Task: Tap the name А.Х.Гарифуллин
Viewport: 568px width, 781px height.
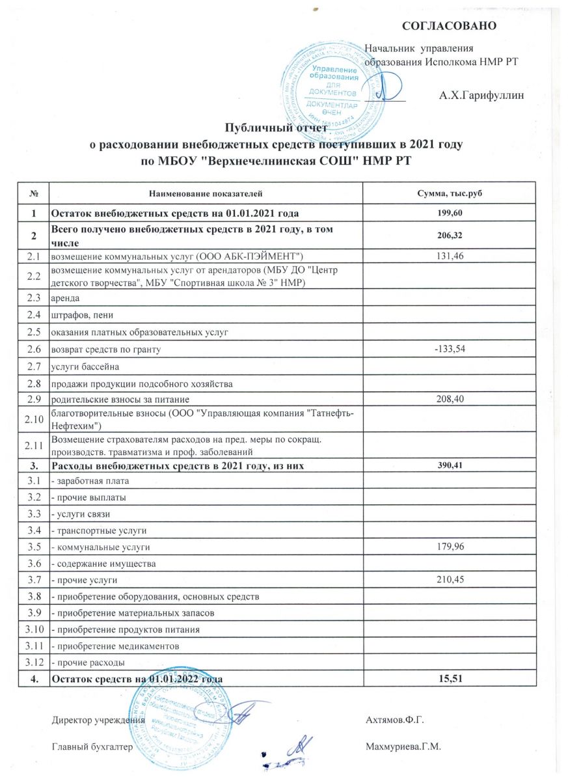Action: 482,96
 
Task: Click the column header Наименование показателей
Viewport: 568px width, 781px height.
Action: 206,193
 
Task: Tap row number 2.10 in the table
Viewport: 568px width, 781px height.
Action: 33,419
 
